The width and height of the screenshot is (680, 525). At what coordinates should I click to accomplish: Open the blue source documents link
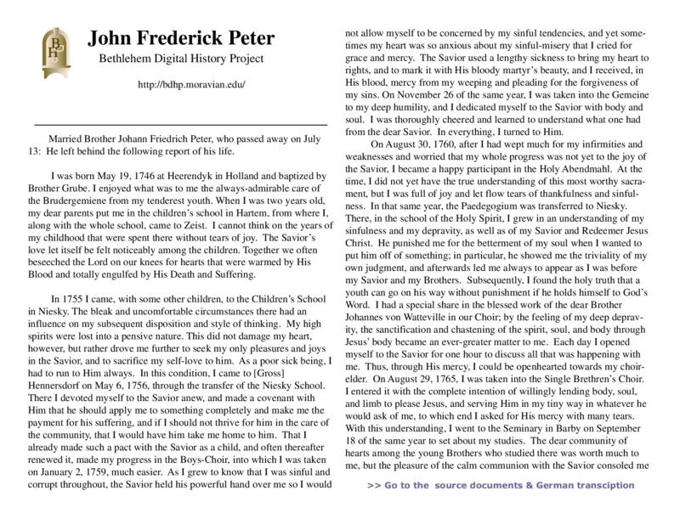(x=501, y=485)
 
